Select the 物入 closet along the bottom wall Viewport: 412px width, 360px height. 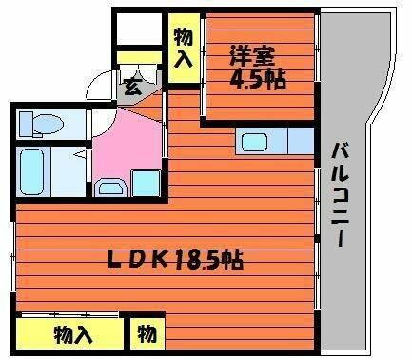72,335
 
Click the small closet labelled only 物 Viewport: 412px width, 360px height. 147,334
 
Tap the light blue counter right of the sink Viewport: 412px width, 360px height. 300,140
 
